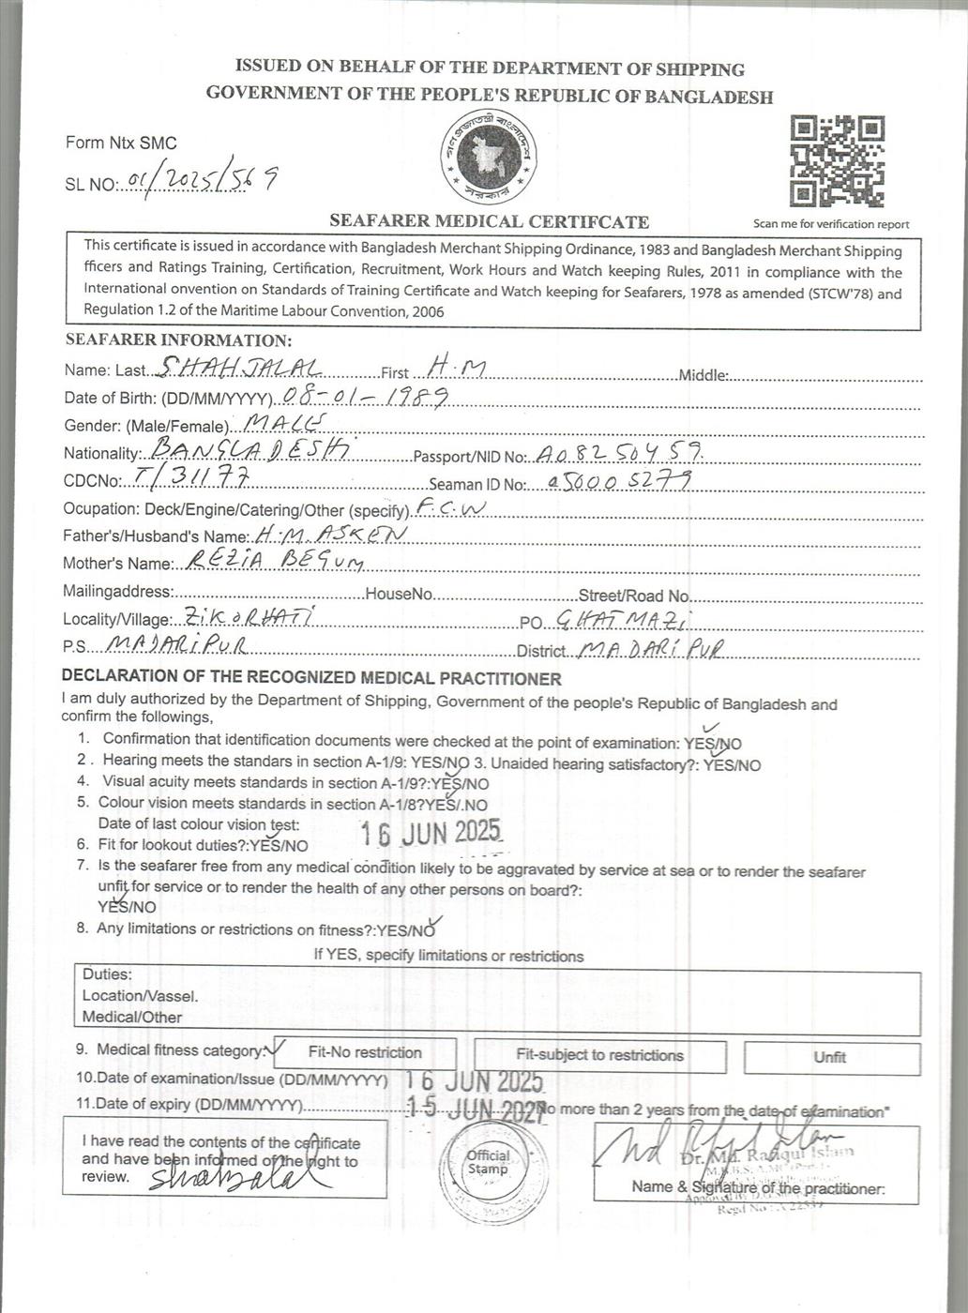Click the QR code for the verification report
click(837, 161)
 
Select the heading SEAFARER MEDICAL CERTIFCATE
click(489, 222)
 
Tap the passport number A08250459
click(619, 454)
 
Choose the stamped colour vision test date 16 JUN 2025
click(432, 833)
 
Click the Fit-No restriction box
click(365, 1053)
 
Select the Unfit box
click(831, 1057)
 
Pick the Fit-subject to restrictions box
click(600, 1055)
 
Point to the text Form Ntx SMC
click(121, 143)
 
